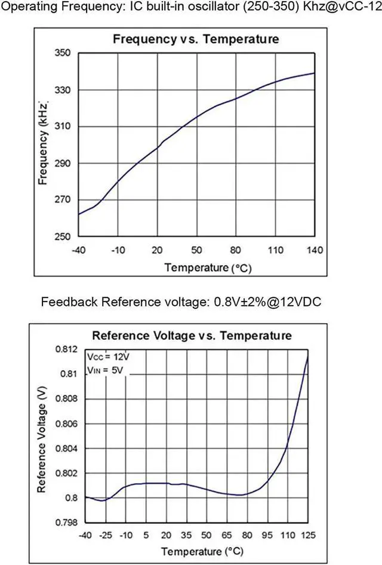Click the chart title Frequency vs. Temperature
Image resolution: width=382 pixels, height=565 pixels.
[196, 39]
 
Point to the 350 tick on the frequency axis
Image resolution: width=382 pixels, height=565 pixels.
[64, 53]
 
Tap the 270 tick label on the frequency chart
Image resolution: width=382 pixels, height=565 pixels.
[64, 200]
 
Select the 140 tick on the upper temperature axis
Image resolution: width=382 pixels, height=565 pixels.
[314, 249]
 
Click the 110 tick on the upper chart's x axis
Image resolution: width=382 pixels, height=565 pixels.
[275, 249]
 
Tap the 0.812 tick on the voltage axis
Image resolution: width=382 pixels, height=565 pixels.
[67, 349]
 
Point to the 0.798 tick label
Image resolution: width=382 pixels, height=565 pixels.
[67, 523]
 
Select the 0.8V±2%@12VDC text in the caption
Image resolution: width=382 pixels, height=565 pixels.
[268, 302]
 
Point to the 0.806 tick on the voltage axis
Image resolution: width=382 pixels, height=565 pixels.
[67, 423]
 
